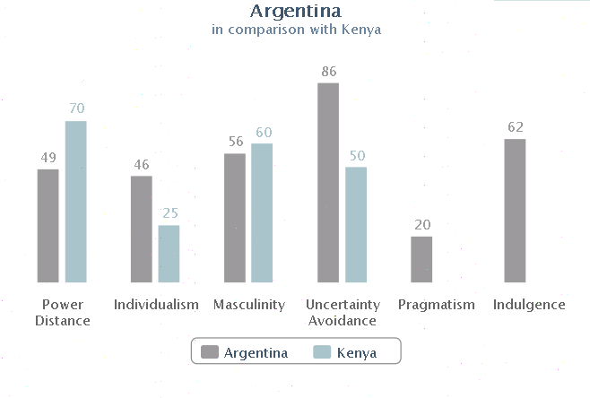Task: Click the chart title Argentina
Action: coord(295,12)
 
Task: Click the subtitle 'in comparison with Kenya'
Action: coord(295,30)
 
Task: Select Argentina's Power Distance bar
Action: coord(48,226)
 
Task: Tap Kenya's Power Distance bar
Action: coord(75,202)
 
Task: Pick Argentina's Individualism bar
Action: coord(141,229)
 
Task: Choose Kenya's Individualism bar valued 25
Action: coord(169,254)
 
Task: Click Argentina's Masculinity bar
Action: coord(234,218)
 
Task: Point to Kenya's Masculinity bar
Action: coord(262,213)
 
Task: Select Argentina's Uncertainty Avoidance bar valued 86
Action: coord(328,183)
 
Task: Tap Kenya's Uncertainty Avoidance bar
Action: coord(356,225)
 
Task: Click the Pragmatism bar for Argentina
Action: coord(421,259)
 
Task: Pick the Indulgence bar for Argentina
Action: coord(515,211)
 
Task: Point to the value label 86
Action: coord(328,71)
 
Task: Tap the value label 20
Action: coord(421,225)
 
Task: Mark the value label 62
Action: coord(515,127)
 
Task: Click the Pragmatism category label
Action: coord(436,305)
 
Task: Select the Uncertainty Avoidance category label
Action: coord(343,312)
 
